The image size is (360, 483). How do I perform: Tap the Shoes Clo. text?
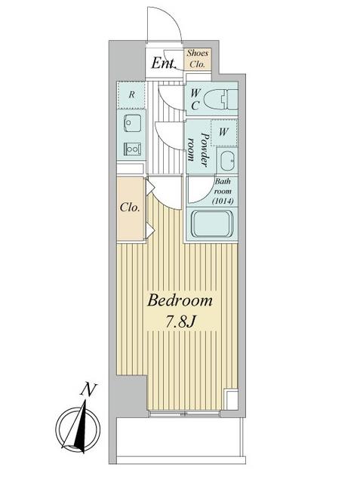point(198,58)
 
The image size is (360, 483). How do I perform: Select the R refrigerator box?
point(131,95)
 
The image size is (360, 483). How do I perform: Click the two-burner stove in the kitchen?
point(132,149)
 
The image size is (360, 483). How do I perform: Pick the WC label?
point(195,98)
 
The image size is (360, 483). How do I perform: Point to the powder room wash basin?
point(226,159)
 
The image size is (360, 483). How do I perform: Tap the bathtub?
point(215,224)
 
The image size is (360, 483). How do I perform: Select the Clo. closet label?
point(129,208)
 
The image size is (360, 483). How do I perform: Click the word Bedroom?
point(180,300)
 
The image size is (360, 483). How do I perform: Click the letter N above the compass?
point(90,390)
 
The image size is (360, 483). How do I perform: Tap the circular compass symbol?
point(79,424)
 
